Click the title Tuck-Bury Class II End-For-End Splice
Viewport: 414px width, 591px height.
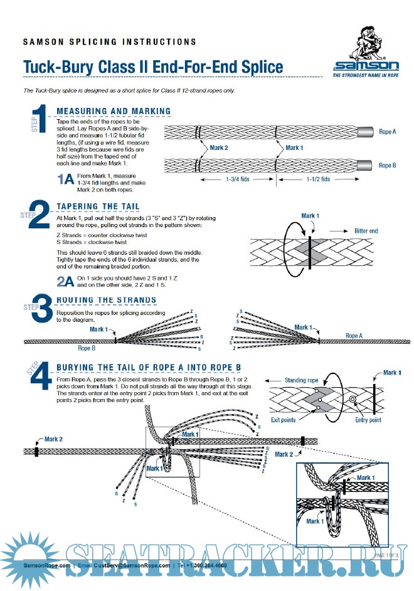(153, 67)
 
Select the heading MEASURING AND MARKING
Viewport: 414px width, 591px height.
(114, 111)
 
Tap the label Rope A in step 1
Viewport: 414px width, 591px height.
(388, 132)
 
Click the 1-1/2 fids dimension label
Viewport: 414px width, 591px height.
(318, 179)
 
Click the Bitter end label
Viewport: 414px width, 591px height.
(366, 232)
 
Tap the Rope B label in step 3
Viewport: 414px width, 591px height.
(87, 347)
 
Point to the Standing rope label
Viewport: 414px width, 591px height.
(302, 380)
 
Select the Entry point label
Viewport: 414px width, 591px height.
(368, 420)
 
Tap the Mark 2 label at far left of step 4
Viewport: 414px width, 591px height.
(53, 440)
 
